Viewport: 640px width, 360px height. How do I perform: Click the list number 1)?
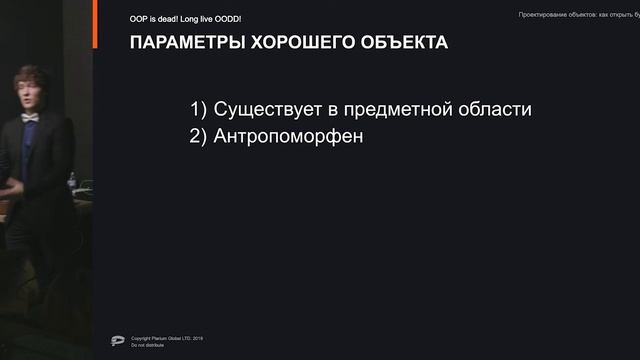[x=198, y=109]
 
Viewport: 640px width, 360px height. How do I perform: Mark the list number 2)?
[x=198, y=136]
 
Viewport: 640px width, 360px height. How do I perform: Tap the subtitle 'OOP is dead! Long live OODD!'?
[x=185, y=19]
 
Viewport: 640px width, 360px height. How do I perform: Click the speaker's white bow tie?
[x=30, y=117]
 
